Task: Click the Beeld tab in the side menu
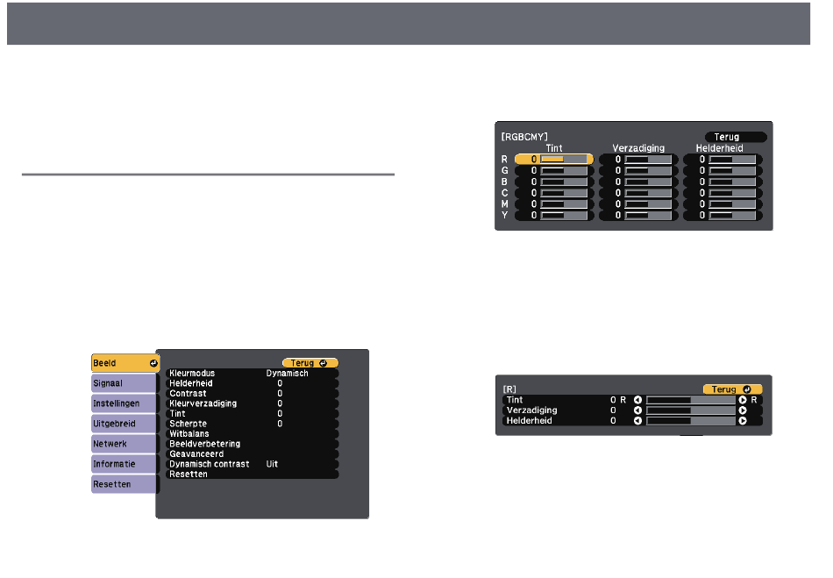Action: [125, 363]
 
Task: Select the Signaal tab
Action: [124, 383]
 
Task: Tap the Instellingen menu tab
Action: [124, 403]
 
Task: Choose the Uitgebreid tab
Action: [124, 424]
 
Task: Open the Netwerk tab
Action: [124, 444]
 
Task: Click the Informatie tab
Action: [124, 464]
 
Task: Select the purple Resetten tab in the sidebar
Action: [124, 484]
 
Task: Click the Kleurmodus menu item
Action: [192, 374]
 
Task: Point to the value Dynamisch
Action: [287, 374]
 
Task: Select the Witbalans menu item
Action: [189, 434]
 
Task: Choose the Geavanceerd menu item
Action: [196, 454]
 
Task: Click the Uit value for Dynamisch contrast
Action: [272, 464]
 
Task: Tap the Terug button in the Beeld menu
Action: [310, 363]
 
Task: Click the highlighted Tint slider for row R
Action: [553, 160]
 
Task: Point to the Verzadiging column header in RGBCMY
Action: [638, 148]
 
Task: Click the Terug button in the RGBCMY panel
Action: [736, 137]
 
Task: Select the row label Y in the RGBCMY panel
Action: [504, 216]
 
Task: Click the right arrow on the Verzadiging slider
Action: [743, 410]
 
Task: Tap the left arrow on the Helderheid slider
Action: [637, 421]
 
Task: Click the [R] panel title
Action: [509, 389]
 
